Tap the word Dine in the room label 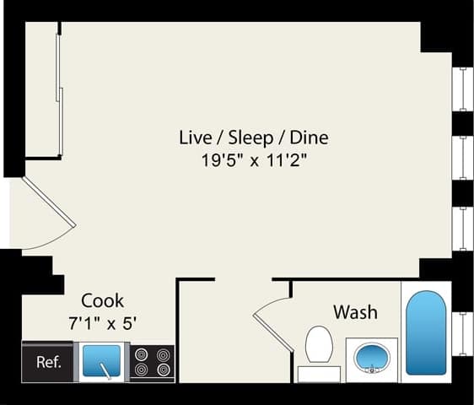pos(309,137)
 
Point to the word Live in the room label pos(197,137)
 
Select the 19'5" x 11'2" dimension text pos(253,160)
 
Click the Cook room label pos(103,300)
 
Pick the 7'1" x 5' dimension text pos(102,322)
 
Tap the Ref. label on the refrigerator pos(48,363)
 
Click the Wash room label pos(355,312)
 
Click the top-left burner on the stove pos(140,355)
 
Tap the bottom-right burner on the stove pos(163,370)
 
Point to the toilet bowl pos(319,343)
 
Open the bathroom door pos(272,321)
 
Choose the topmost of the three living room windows pos(462,89)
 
